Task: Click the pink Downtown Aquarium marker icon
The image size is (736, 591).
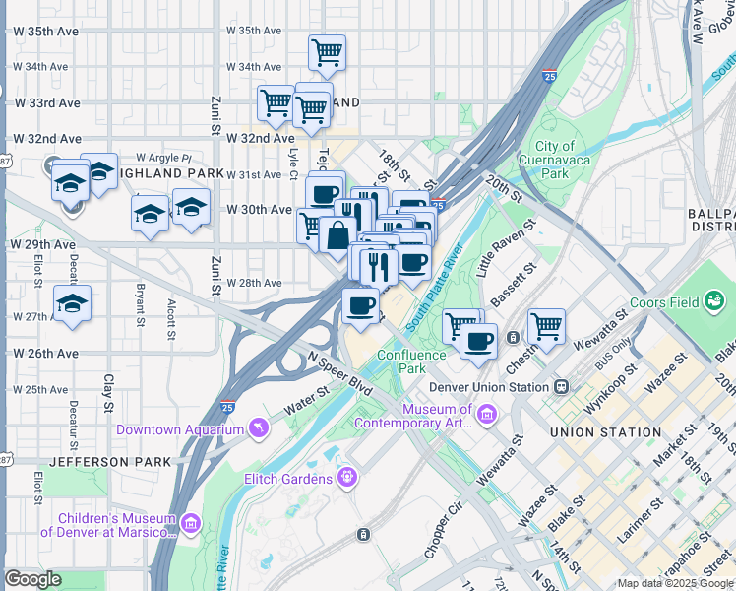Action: pos(258,428)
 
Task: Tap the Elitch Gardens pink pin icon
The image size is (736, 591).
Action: pos(346,479)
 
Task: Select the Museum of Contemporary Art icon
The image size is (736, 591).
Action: pos(485,416)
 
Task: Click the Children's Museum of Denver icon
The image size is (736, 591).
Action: pos(189,526)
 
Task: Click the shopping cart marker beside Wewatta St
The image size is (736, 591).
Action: pos(546,325)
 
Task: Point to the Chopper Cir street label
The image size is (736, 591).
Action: pos(443,532)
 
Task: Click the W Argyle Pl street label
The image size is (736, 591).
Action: pos(162,158)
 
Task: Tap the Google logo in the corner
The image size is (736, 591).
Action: pos(33,580)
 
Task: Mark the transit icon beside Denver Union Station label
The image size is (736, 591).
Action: pos(562,386)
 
